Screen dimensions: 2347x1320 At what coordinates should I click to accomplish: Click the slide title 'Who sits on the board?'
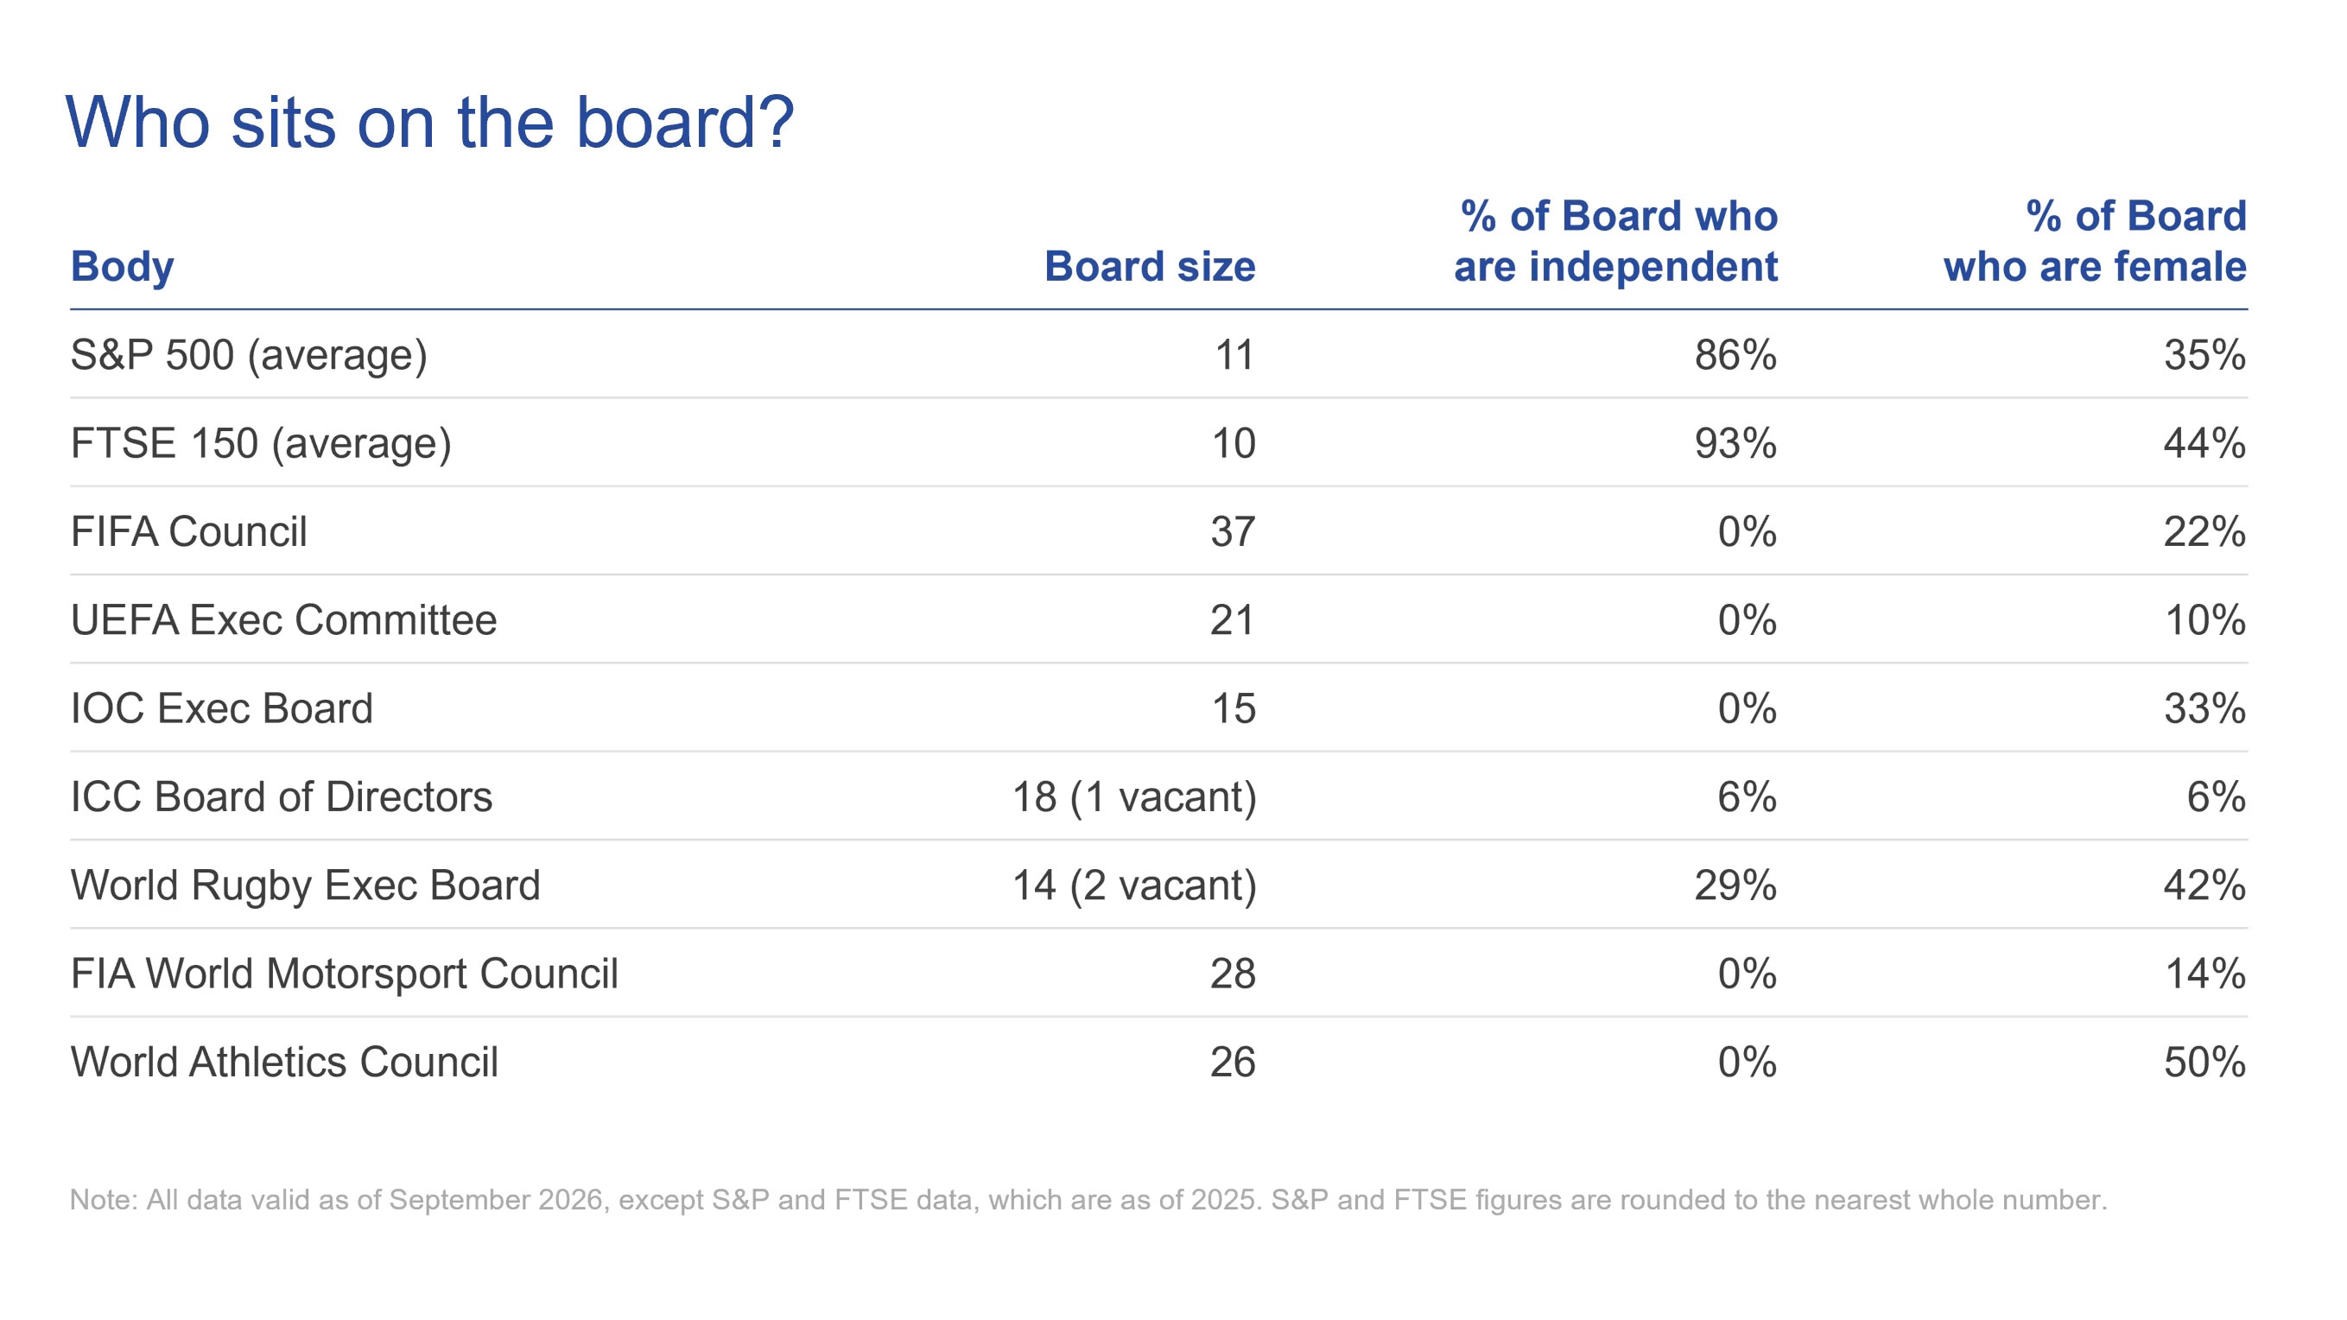pos(430,123)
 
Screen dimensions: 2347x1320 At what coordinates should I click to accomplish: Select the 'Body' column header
pos(122,267)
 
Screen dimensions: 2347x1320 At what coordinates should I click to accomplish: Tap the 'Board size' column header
pos(1150,267)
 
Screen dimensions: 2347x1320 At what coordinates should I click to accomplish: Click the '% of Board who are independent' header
pos(1615,241)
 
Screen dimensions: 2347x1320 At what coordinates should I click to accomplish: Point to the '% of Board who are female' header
pos(2095,241)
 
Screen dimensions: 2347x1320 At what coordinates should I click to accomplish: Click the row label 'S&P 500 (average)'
pos(249,355)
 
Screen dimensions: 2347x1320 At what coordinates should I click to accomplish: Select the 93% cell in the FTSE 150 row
pos(1735,444)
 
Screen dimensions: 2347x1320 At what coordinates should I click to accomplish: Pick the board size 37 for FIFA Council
pos(1233,532)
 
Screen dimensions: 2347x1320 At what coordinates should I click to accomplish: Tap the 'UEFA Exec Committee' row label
pos(284,620)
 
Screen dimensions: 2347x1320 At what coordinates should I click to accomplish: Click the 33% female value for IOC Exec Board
pos(2204,708)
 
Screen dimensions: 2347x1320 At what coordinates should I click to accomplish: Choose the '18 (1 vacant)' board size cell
pos(1134,797)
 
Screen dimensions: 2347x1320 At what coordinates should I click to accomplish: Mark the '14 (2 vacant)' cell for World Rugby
pos(1134,885)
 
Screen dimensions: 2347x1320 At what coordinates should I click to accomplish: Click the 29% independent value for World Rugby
pos(1735,885)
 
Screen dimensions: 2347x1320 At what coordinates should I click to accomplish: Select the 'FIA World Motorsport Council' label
pos(345,974)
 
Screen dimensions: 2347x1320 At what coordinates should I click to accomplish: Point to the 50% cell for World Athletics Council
pos(2204,1063)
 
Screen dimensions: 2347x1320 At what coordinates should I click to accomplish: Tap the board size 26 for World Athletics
pos(1233,1063)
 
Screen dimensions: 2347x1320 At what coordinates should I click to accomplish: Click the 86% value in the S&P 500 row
pos(1735,355)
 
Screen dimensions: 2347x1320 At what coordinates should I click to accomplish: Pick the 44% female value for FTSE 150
pos(2204,444)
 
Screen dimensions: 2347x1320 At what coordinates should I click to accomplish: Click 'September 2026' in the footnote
pos(496,1200)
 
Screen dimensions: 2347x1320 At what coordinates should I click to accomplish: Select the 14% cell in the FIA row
pos(2204,974)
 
